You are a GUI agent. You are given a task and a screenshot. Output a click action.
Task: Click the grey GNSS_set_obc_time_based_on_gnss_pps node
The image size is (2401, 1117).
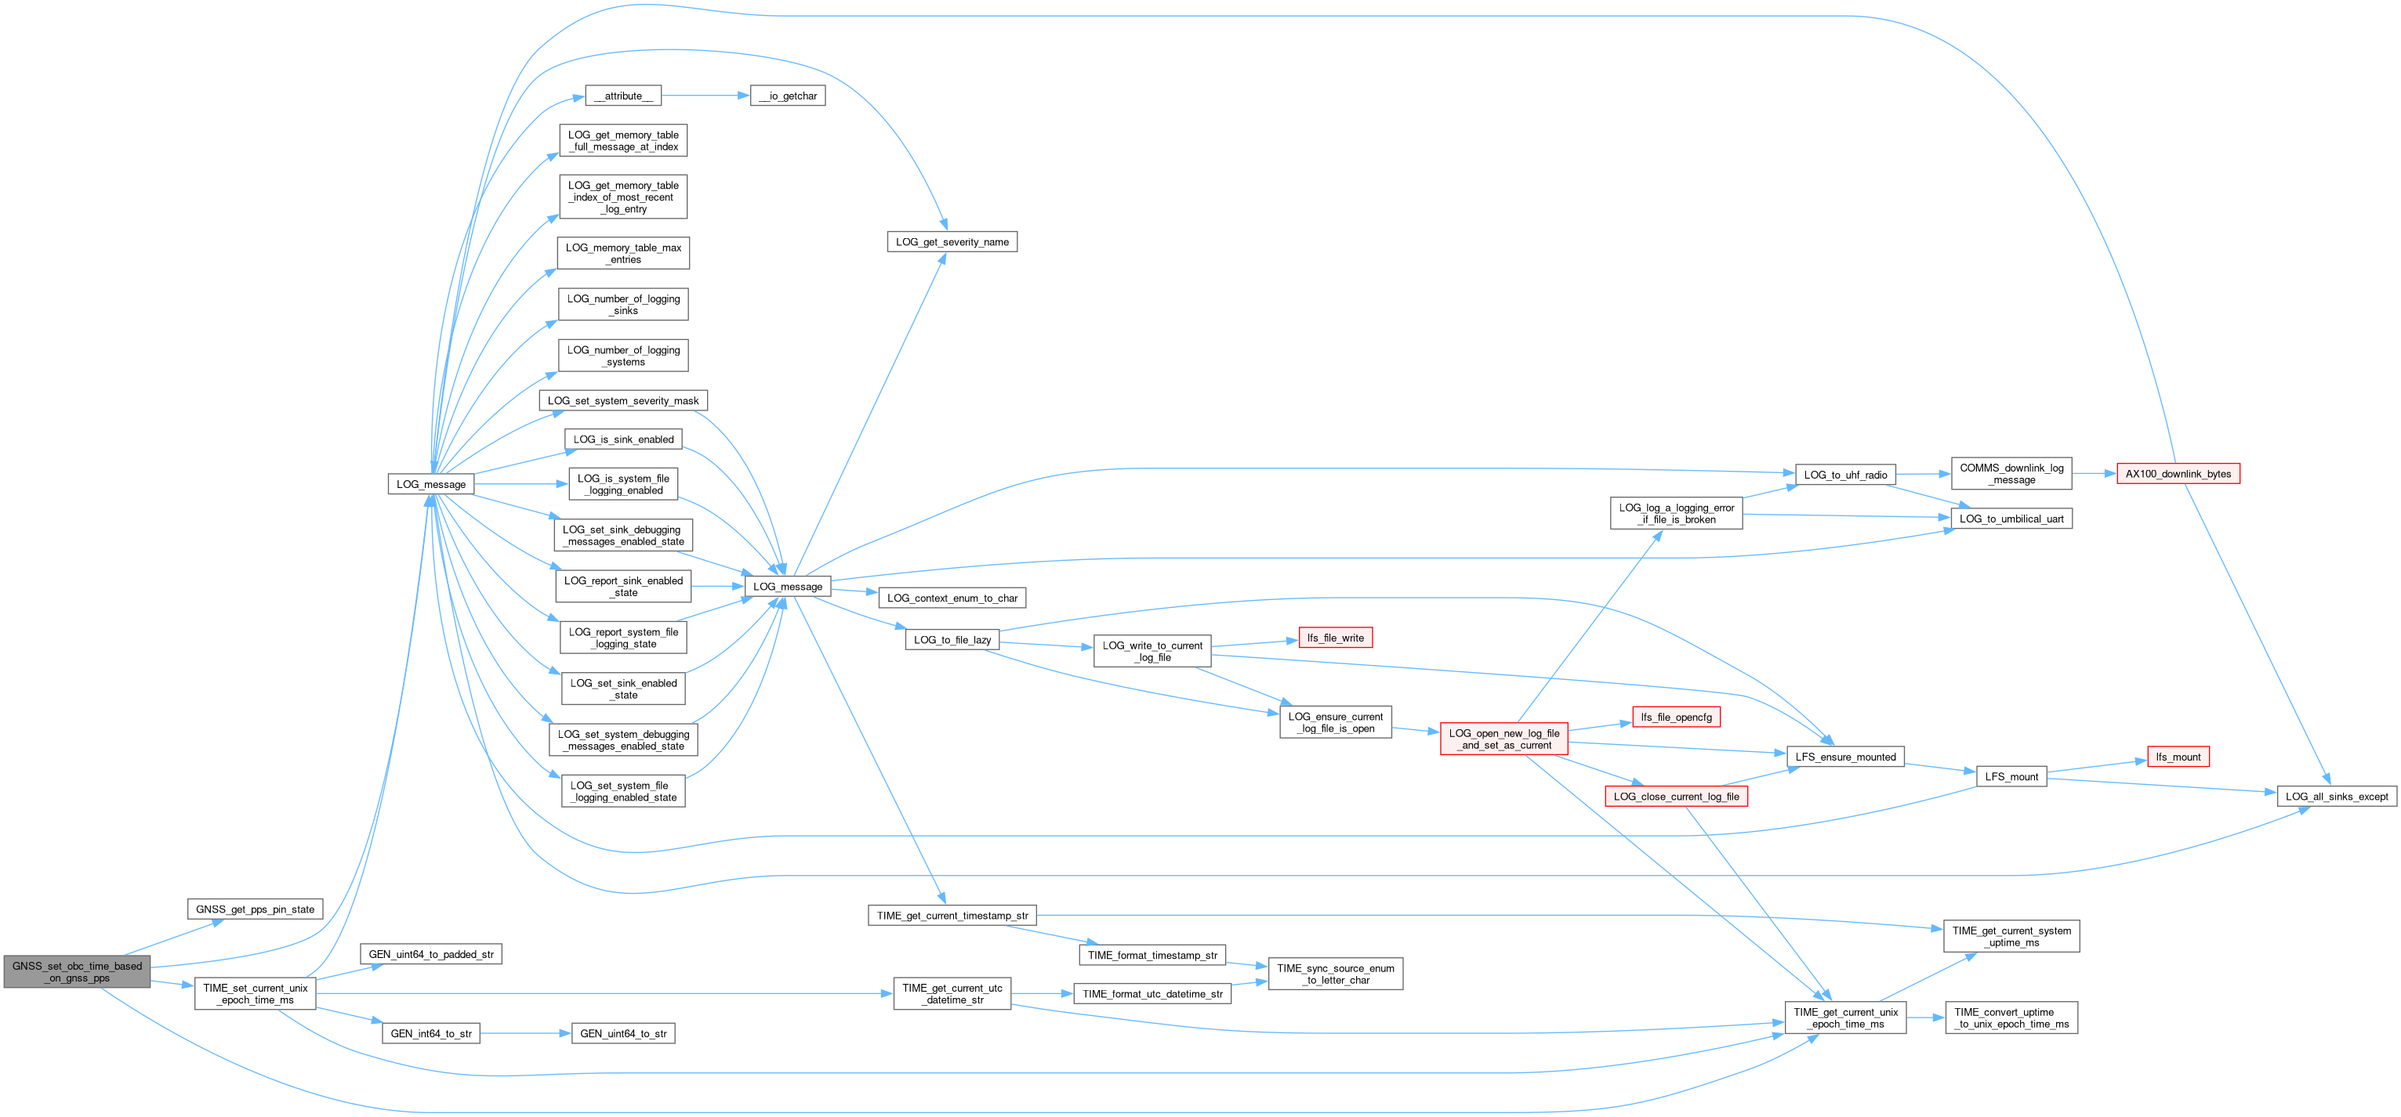77,971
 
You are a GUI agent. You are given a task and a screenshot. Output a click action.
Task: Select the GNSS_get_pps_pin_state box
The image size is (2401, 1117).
255,909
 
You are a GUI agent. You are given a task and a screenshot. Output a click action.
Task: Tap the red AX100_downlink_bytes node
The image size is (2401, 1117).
2178,474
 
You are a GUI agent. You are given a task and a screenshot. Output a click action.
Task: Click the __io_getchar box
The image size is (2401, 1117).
787,96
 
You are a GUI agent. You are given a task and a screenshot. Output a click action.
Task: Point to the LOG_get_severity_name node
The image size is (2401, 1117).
952,242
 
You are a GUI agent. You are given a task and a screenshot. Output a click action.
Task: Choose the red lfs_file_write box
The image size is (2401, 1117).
1335,638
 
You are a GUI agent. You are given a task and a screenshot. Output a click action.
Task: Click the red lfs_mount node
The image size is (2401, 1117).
2178,757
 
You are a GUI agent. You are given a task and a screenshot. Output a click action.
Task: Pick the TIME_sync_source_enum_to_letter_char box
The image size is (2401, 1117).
1335,974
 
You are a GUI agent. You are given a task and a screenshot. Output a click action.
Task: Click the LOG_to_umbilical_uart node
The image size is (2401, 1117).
2011,519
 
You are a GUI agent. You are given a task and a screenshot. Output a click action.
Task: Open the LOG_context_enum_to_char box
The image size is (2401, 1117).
952,598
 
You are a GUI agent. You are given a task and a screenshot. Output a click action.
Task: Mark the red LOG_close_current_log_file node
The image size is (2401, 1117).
1675,797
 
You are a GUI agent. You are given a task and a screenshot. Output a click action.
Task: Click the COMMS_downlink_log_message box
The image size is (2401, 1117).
2011,474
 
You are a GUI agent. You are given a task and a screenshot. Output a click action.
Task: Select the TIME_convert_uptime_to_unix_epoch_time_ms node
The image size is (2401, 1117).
2011,1018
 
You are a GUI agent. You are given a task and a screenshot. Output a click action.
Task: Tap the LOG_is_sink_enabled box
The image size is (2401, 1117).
623,439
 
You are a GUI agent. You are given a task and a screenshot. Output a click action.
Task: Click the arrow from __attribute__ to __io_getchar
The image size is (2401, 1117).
705,96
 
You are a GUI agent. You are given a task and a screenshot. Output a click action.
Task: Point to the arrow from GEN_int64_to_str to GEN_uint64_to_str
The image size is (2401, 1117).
524,1033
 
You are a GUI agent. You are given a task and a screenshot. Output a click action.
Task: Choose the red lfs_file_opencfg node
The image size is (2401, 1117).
1675,718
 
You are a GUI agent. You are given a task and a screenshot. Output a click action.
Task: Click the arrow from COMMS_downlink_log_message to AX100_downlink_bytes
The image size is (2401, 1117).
2094,474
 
